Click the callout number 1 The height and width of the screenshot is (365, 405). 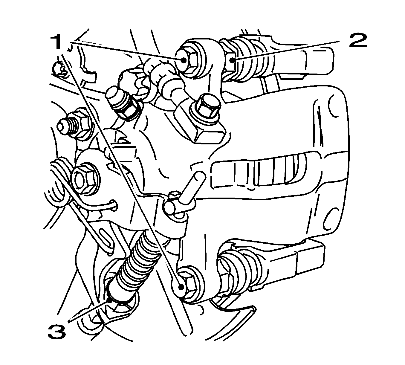[56, 42]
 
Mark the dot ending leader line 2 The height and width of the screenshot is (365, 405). [232, 60]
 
